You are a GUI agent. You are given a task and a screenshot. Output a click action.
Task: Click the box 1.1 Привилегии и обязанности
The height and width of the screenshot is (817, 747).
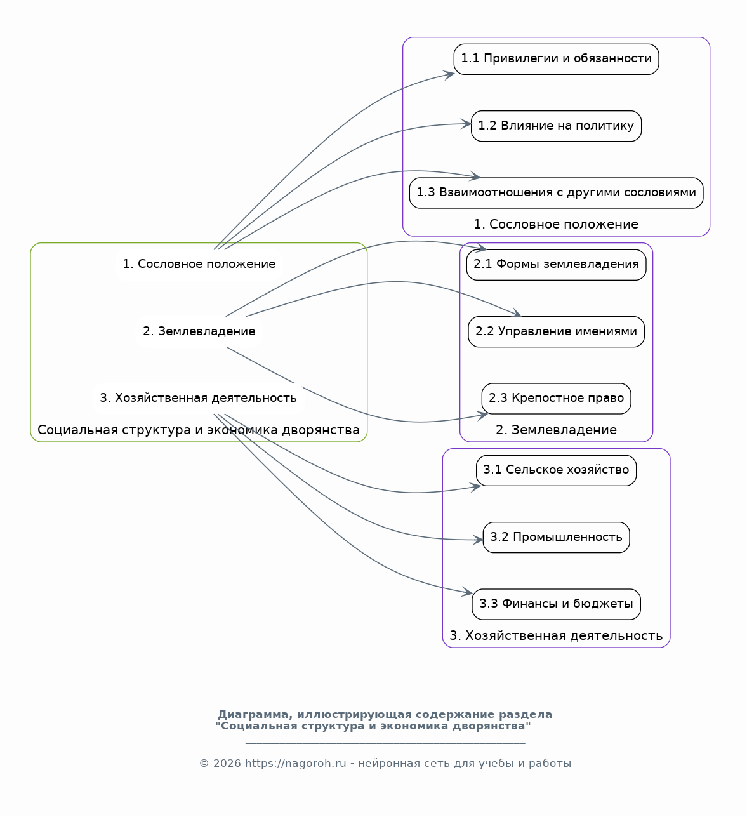[x=556, y=59]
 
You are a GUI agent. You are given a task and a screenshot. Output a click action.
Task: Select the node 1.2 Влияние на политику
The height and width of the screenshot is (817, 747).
[x=556, y=126]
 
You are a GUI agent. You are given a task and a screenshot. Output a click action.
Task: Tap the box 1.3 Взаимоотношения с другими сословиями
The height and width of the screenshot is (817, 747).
[x=556, y=192]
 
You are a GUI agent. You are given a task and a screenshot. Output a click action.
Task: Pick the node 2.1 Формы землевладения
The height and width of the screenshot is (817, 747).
[x=556, y=265]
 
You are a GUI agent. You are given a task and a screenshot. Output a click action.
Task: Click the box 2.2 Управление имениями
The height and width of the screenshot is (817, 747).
[x=556, y=331]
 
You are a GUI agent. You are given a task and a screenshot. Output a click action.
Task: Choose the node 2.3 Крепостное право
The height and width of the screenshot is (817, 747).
[x=556, y=398]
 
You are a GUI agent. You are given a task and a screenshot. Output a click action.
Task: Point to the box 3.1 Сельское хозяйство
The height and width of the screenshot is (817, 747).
[x=556, y=470]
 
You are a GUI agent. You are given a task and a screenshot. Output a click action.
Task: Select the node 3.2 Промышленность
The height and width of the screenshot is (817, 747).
[x=556, y=537]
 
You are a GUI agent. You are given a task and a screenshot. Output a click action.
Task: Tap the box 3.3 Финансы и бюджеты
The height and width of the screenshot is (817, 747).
[x=556, y=604]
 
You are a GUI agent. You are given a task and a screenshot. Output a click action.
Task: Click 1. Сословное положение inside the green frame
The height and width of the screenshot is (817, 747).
[x=199, y=264]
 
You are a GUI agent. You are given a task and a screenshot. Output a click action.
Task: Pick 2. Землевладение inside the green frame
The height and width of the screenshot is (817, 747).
[x=199, y=331]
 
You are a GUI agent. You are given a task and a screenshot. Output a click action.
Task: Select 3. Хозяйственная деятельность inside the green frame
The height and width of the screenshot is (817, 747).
[x=199, y=398]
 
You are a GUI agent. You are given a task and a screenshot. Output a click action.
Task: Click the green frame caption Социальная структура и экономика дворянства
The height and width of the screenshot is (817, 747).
[x=199, y=430]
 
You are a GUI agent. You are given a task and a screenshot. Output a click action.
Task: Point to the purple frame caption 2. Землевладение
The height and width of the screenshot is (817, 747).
[x=556, y=430]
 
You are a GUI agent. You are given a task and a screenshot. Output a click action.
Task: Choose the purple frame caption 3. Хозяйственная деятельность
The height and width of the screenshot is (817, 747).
[x=556, y=635]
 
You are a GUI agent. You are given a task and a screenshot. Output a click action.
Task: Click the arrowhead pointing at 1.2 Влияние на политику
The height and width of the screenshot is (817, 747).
[x=466, y=124]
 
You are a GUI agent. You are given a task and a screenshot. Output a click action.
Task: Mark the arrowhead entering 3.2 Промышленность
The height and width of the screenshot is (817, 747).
[x=478, y=540]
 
